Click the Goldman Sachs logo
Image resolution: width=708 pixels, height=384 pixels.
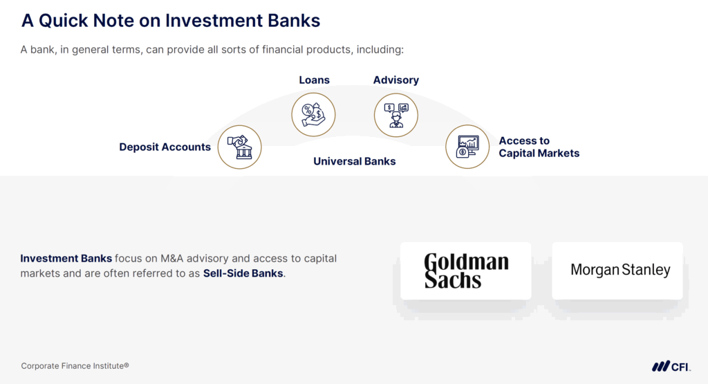tap(465, 271)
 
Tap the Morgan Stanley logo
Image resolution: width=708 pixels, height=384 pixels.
tap(620, 270)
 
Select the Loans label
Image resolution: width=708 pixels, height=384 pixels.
tap(314, 80)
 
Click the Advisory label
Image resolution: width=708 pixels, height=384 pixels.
tap(395, 80)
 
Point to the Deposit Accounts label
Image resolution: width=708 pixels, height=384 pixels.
tap(165, 147)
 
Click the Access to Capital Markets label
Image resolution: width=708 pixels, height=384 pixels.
tap(539, 147)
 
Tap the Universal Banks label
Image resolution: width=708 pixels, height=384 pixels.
tap(354, 161)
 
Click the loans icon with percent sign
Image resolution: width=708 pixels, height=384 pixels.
tap(313, 114)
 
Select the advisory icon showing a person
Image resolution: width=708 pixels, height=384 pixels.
tap(395, 114)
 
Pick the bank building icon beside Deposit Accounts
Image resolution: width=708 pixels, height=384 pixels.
tap(239, 147)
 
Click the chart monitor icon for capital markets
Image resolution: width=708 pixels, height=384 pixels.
tap(467, 147)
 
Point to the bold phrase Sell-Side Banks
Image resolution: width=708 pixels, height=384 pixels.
tap(243, 273)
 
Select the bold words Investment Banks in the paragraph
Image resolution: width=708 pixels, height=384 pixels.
tap(66, 259)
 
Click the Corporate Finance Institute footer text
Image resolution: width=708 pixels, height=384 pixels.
tap(75, 365)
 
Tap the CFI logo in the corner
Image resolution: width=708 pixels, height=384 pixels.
tap(670, 366)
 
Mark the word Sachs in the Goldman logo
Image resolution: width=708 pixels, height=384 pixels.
tap(452, 280)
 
